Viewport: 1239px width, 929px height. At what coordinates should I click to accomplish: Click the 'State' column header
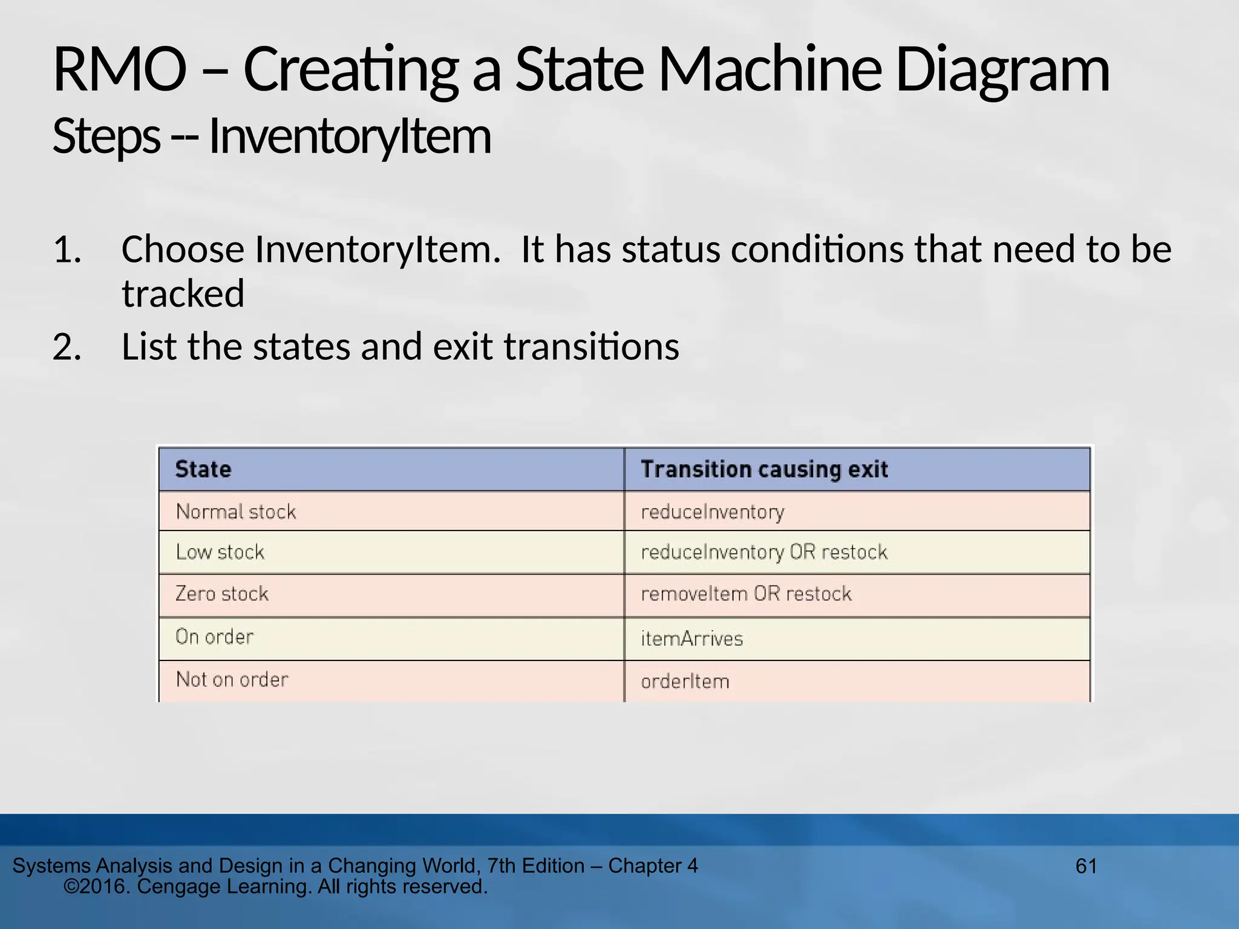click(203, 469)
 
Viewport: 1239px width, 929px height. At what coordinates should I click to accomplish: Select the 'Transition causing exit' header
click(764, 469)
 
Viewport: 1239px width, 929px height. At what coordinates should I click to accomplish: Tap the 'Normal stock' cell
click(236, 512)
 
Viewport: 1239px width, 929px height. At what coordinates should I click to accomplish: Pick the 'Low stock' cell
click(220, 552)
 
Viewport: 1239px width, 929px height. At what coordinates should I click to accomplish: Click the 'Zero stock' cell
click(222, 593)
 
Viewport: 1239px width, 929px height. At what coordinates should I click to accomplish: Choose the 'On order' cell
click(215, 636)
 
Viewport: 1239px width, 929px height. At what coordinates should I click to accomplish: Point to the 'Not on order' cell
click(232, 679)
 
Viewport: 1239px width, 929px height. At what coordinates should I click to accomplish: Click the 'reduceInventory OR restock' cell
click(764, 552)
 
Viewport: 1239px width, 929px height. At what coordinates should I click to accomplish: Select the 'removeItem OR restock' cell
click(746, 593)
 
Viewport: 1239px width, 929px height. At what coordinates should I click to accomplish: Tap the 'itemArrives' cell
click(691, 639)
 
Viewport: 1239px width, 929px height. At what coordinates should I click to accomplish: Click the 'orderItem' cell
click(685, 682)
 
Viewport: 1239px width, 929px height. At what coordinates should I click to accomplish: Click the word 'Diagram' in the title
click(1002, 71)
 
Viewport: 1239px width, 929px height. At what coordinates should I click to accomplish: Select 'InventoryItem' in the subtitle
click(350, 137)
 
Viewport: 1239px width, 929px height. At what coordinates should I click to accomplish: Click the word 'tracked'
click(183, 294)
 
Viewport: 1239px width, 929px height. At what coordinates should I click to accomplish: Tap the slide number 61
click(1086, 866)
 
